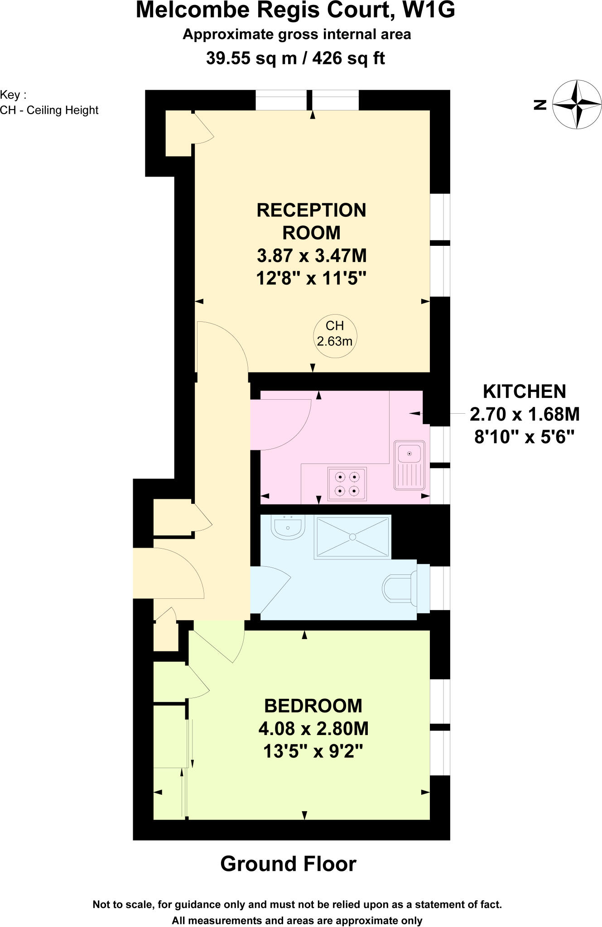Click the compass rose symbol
(577, 105)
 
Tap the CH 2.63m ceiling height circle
(335, 334)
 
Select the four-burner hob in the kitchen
(347, 484)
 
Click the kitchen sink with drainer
(409, 465)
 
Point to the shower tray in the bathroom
(352, 537)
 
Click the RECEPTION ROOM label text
(312, 221)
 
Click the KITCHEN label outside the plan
(525, 391)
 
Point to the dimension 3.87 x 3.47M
(312, 256)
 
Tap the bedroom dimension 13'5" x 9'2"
(313, 751)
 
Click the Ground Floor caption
(289, 864)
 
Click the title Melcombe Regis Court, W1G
(295, 11)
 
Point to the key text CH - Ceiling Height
(49, 110)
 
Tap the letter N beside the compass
(540, 105)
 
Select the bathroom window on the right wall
(440, 588)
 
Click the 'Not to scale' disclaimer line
(297, 904)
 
